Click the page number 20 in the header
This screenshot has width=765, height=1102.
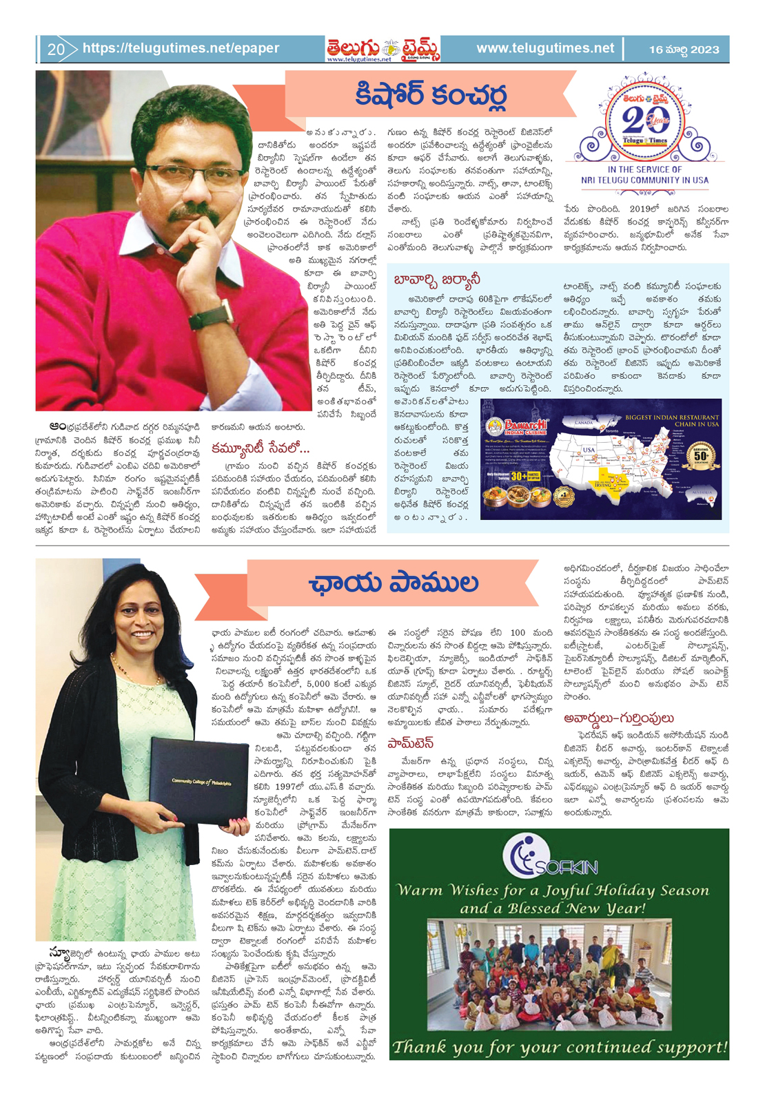(x=56, y=50)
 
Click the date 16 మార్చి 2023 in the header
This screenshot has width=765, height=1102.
(x=684, y=50)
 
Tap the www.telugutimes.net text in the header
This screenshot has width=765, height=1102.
(x=544, y=48)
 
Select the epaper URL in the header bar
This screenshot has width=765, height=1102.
(x=181, y=48)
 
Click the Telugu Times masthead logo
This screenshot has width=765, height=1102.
(x=382, y=49)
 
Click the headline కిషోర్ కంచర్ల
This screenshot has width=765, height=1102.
(x=431, y=96)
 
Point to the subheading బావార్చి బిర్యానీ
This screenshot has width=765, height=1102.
(x=437, y=279)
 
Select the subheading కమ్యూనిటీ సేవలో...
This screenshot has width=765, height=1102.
(x=261, y=448)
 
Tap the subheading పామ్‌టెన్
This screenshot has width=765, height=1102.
(x=410, y=742)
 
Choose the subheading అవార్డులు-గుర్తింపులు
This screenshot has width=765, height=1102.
(x=618, y=718)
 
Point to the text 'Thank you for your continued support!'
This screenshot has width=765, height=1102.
(x=560, y=1047)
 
